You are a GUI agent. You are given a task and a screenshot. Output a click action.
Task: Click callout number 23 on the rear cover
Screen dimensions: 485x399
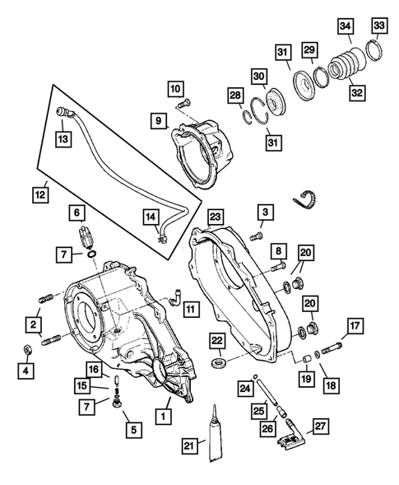click(216, 217)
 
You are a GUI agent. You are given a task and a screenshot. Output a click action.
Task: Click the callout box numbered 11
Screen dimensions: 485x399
click(190, 310)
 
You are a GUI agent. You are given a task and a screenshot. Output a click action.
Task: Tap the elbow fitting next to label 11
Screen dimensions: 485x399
click(173, 301)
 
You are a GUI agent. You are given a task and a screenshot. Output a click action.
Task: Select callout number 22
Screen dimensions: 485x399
click(216, 340)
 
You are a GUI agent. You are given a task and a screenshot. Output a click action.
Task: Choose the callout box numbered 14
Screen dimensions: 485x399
click(151, 217)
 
